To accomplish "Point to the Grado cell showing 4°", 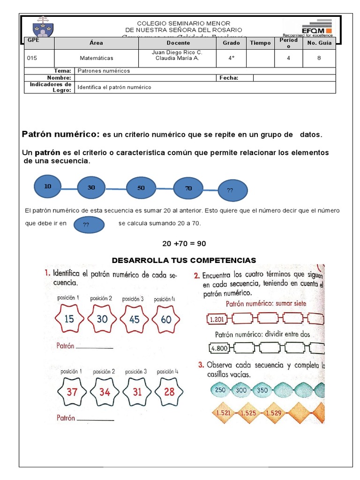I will tap(228, 58).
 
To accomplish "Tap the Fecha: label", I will tap(229, 78).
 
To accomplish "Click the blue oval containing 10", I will tap(48, 186).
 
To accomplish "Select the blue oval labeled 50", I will tap(141, 187).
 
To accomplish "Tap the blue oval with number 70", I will tap(188, 188).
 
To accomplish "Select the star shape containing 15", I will tap(69, 319).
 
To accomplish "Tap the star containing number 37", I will tap(72, 391).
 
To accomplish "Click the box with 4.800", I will tap(219, 348).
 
